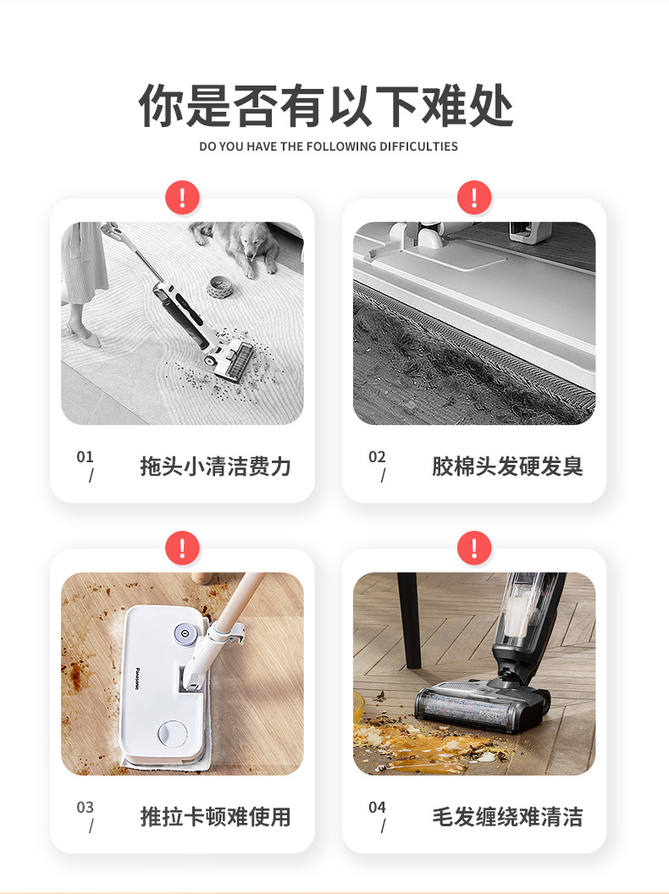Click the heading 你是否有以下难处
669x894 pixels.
point(326,106)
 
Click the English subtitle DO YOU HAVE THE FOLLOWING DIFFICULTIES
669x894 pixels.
point(329,146)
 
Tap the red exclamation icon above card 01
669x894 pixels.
point(182,197)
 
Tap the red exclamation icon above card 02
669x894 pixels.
point(474,197)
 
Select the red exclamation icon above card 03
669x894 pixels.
point(182,548)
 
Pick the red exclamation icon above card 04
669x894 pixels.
point(474,548)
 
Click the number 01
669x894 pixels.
point(85,456)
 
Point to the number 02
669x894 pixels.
point(377,456)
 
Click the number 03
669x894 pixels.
point(85,808)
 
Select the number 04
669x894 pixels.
point(377,808)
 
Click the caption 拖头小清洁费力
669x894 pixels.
point(216,466)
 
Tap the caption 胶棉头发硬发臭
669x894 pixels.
point(507,466)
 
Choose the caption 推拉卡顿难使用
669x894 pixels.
point(216,817)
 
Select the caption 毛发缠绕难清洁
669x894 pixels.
point(507,817)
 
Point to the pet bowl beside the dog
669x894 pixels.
point(220,286)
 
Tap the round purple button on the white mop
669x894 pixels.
point(185,633)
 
